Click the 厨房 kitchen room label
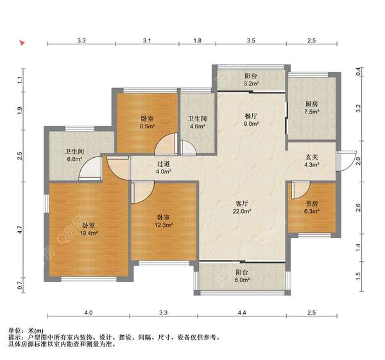(x=312, y=104)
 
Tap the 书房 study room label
(x=312, y=203)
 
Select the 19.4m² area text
(x=89, y=233)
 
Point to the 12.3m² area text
(x=164, y=225)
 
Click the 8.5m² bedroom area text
(x=148, y=126)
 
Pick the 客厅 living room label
(x=242, y=203)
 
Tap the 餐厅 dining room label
(x=251, y=116)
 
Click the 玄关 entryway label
(x=312, y=157)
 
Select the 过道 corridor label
(x=164, y=164)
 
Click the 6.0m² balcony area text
(x=242, y=280)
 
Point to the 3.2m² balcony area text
(x=251, y=83)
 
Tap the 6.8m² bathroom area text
(x=74, y=159)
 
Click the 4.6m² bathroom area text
(x=198, y=126)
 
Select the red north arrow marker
(x=22, y=43)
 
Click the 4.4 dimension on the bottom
(x=242, y=313)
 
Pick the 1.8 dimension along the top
(x=198, y=40)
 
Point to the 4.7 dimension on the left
(x=20, y=230)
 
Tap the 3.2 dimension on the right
(x=358, y=108)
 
